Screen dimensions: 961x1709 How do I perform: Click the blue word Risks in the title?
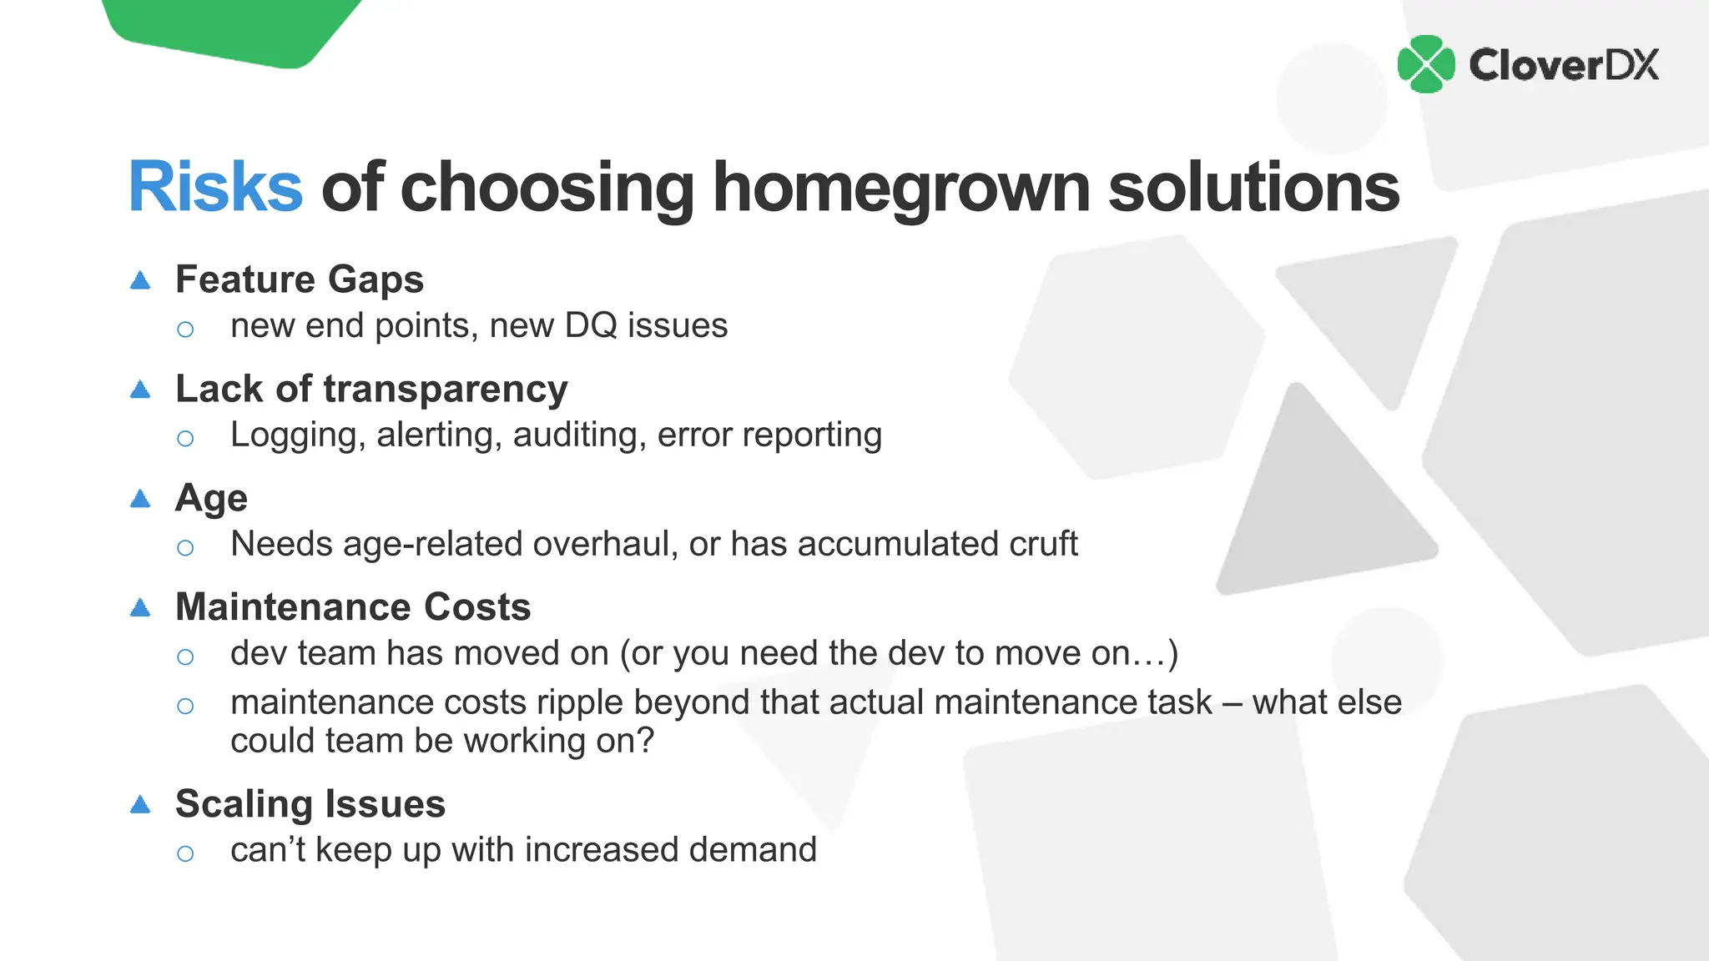click(215, 187)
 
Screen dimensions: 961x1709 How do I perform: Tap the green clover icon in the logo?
click(1426, 64)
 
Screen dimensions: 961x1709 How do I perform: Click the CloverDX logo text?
click(1564, 65)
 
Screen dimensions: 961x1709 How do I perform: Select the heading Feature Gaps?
click(300, 279)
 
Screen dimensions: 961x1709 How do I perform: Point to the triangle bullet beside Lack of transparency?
click(140, 390)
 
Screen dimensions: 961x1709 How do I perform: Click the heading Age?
click(211, 499)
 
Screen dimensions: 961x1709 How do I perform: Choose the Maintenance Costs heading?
click(353, 607)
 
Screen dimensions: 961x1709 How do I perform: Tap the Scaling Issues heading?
click(310, 804)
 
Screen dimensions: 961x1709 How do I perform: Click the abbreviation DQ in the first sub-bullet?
click(591, 325)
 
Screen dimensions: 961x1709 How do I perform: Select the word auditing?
click(579, 435)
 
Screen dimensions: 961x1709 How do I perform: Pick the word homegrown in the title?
click(901, 187)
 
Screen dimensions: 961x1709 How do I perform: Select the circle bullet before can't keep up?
click(185, 853)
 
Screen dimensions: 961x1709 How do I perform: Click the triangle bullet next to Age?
click(140, 499)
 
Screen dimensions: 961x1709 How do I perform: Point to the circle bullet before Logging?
click(185, 438)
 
